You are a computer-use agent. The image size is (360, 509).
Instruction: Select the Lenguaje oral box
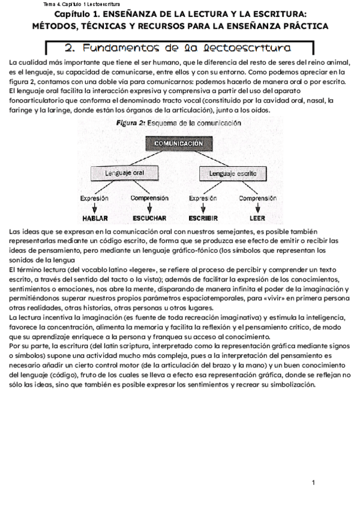124,173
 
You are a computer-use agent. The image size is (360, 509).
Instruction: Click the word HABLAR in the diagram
94,218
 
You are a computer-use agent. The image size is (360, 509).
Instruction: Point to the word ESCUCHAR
149,218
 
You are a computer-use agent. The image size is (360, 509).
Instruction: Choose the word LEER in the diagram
257,218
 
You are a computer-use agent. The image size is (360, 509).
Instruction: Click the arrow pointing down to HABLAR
94,208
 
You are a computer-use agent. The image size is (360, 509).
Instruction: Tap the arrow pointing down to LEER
257,208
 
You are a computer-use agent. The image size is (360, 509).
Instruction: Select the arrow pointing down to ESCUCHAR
149,208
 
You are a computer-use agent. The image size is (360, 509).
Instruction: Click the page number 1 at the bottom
313,483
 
